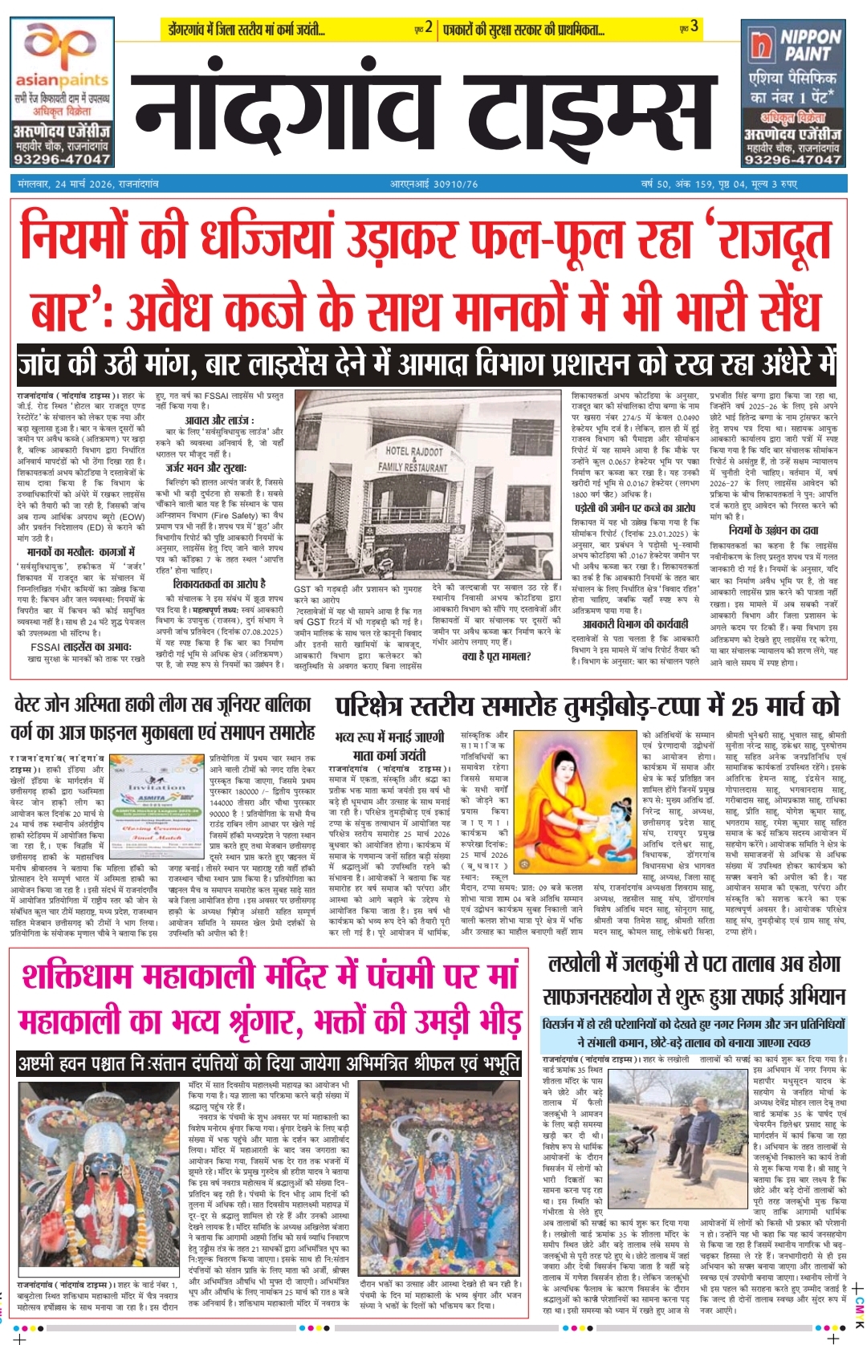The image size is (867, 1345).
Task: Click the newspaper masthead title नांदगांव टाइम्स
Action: (424, 104)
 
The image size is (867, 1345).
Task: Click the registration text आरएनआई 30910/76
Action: (433, 184)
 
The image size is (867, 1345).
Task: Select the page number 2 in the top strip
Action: (429, 27)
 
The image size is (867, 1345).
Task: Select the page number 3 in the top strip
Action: (694, 27)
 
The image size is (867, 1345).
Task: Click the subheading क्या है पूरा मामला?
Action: (497, 656)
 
